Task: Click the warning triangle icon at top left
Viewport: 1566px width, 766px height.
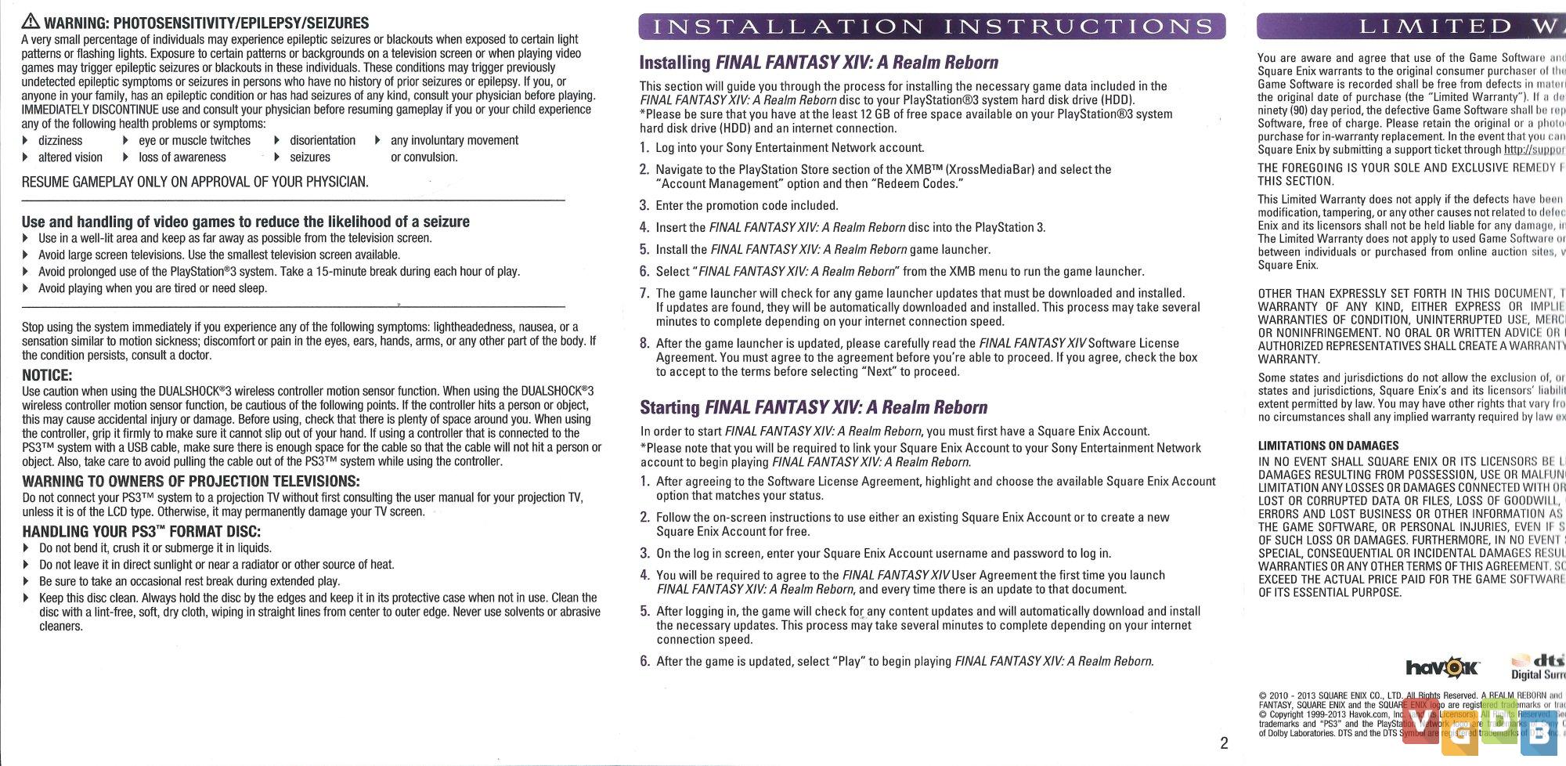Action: (x=30, y=21)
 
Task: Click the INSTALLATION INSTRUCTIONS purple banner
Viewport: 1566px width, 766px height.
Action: (x=932, y=27)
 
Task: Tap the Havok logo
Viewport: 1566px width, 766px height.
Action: (x=1442, y=667)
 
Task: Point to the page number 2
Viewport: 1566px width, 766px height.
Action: (x=1224, y=743)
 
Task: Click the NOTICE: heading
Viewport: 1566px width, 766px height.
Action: (x=47, y=375)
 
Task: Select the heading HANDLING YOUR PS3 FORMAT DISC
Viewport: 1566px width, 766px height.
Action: (x=141, y=532)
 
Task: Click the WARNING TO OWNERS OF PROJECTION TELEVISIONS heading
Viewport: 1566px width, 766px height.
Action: (x=191, y=481)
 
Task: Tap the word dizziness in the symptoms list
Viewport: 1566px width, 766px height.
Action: (x=60, y=141)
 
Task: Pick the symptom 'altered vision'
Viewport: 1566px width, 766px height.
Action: (x=70, y=157)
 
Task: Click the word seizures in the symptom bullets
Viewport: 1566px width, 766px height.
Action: (x=310, y=157)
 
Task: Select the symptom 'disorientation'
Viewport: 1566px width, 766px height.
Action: (x=323, y=141)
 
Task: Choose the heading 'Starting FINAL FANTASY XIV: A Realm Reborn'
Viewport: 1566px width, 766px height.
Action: (x=814, y=407)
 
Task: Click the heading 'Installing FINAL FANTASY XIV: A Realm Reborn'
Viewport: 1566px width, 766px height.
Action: (x=819, y=63)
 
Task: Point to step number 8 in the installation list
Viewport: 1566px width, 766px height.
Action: (x=644, y=343)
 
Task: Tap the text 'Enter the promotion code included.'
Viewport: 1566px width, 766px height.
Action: (x=747, y=206)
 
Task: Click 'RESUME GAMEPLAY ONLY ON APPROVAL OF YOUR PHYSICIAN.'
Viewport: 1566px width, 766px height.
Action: (x=195, y=182)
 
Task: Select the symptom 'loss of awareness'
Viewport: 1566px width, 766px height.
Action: (x=182, y=157)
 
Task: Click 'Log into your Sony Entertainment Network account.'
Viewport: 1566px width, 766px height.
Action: (x=790, y=148)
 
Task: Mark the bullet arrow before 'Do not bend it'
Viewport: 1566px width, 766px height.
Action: (x=26, y=548)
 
